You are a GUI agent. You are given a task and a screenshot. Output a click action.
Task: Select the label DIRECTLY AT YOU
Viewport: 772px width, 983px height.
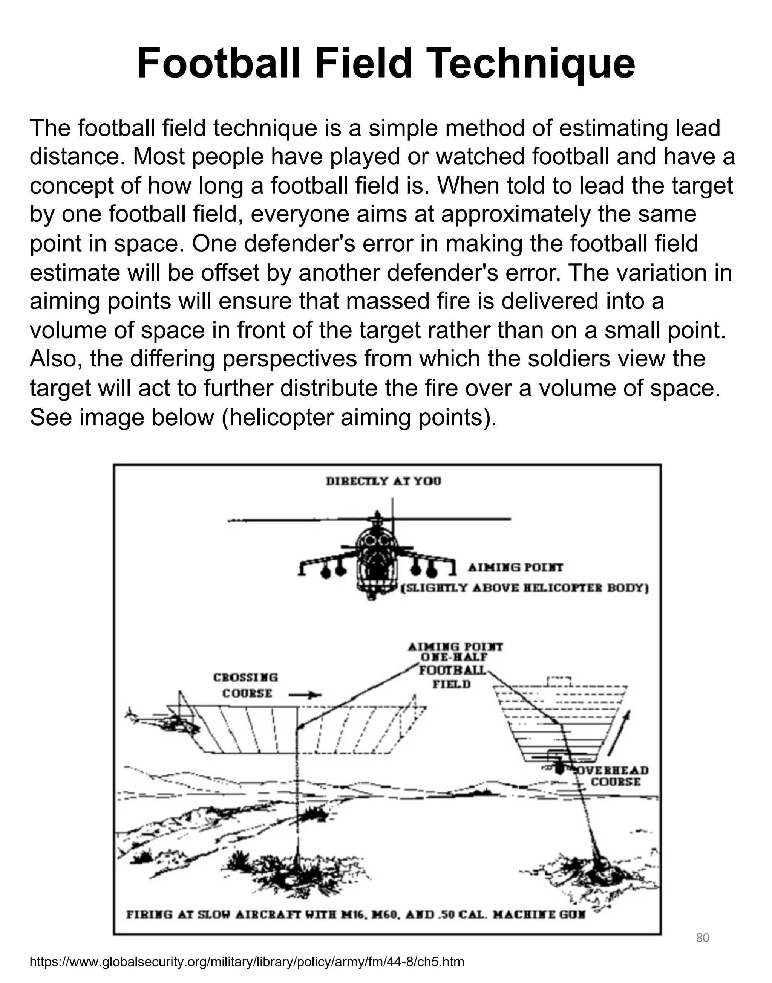(x=383, y=481)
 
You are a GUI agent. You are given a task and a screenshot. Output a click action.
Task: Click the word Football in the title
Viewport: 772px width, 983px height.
(x=218, y=64)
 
